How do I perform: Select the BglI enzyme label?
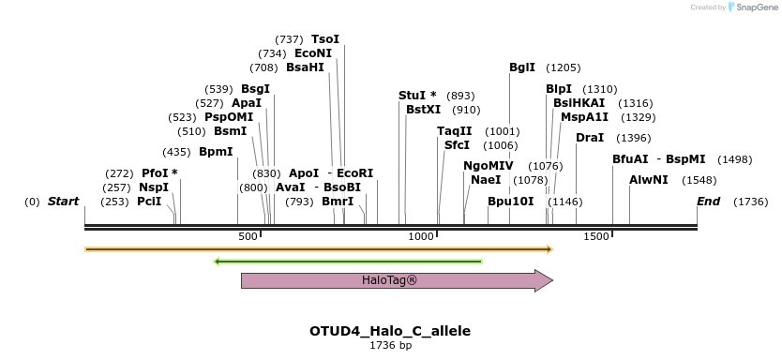pos(522,67)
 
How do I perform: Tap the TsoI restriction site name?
pos(325,39)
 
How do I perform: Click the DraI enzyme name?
pos(590,138)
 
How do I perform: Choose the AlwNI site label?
pos(649,179)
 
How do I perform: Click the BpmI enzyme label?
pos(216,152)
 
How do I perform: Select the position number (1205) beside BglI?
pos(564,67)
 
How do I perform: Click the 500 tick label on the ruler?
pos(248,237)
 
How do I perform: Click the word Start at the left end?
pos(63,202)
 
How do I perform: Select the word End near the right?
pos(709,202)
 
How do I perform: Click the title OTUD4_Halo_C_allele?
pos(390,331)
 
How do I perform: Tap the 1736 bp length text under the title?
pos(390,346)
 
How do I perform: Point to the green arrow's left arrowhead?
pos(218,261)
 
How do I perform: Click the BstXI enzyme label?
pos(423,110)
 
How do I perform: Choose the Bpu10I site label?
pos(511,202)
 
